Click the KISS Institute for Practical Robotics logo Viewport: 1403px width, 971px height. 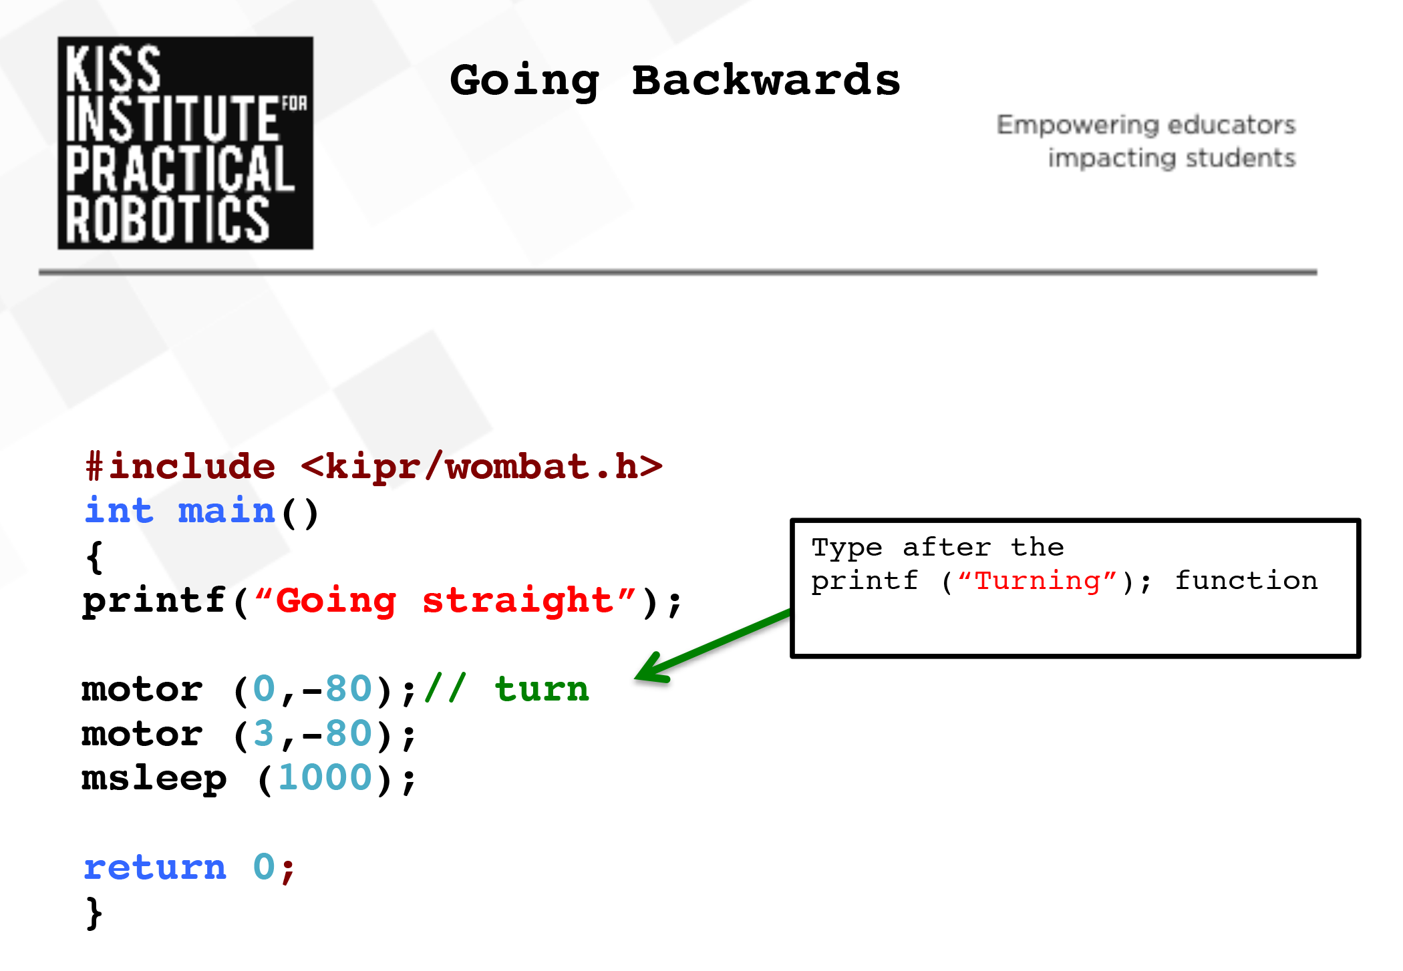pyautogui.click(x=185, y=143)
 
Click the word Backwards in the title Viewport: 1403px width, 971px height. pyautogui.click(x=766, y=81)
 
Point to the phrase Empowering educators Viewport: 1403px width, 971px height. pyautogui.click(x=1146, y=125)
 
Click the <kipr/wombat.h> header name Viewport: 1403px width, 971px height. pyautogui.click(x=482, y=465)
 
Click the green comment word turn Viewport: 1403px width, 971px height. pyautogui.click(x=542, y=689)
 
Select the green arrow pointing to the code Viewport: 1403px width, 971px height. pyautogui.click(x=712, y=646)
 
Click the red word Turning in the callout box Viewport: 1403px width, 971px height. pyautogui.click(x=1038, y=582)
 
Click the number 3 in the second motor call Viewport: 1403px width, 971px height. pyautogui.click(x=264, y=733)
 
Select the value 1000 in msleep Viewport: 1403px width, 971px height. pyautogui.click(x=325, y=777)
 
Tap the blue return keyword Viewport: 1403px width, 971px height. pyautogui.click(x=155, y=867)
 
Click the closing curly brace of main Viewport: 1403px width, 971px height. pyautogui.click(x=95, y=914)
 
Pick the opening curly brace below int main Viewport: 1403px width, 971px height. pyautogui.click(x=95, y=557)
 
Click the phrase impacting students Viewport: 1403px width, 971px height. pyautogui.click(x=1171, y=158)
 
